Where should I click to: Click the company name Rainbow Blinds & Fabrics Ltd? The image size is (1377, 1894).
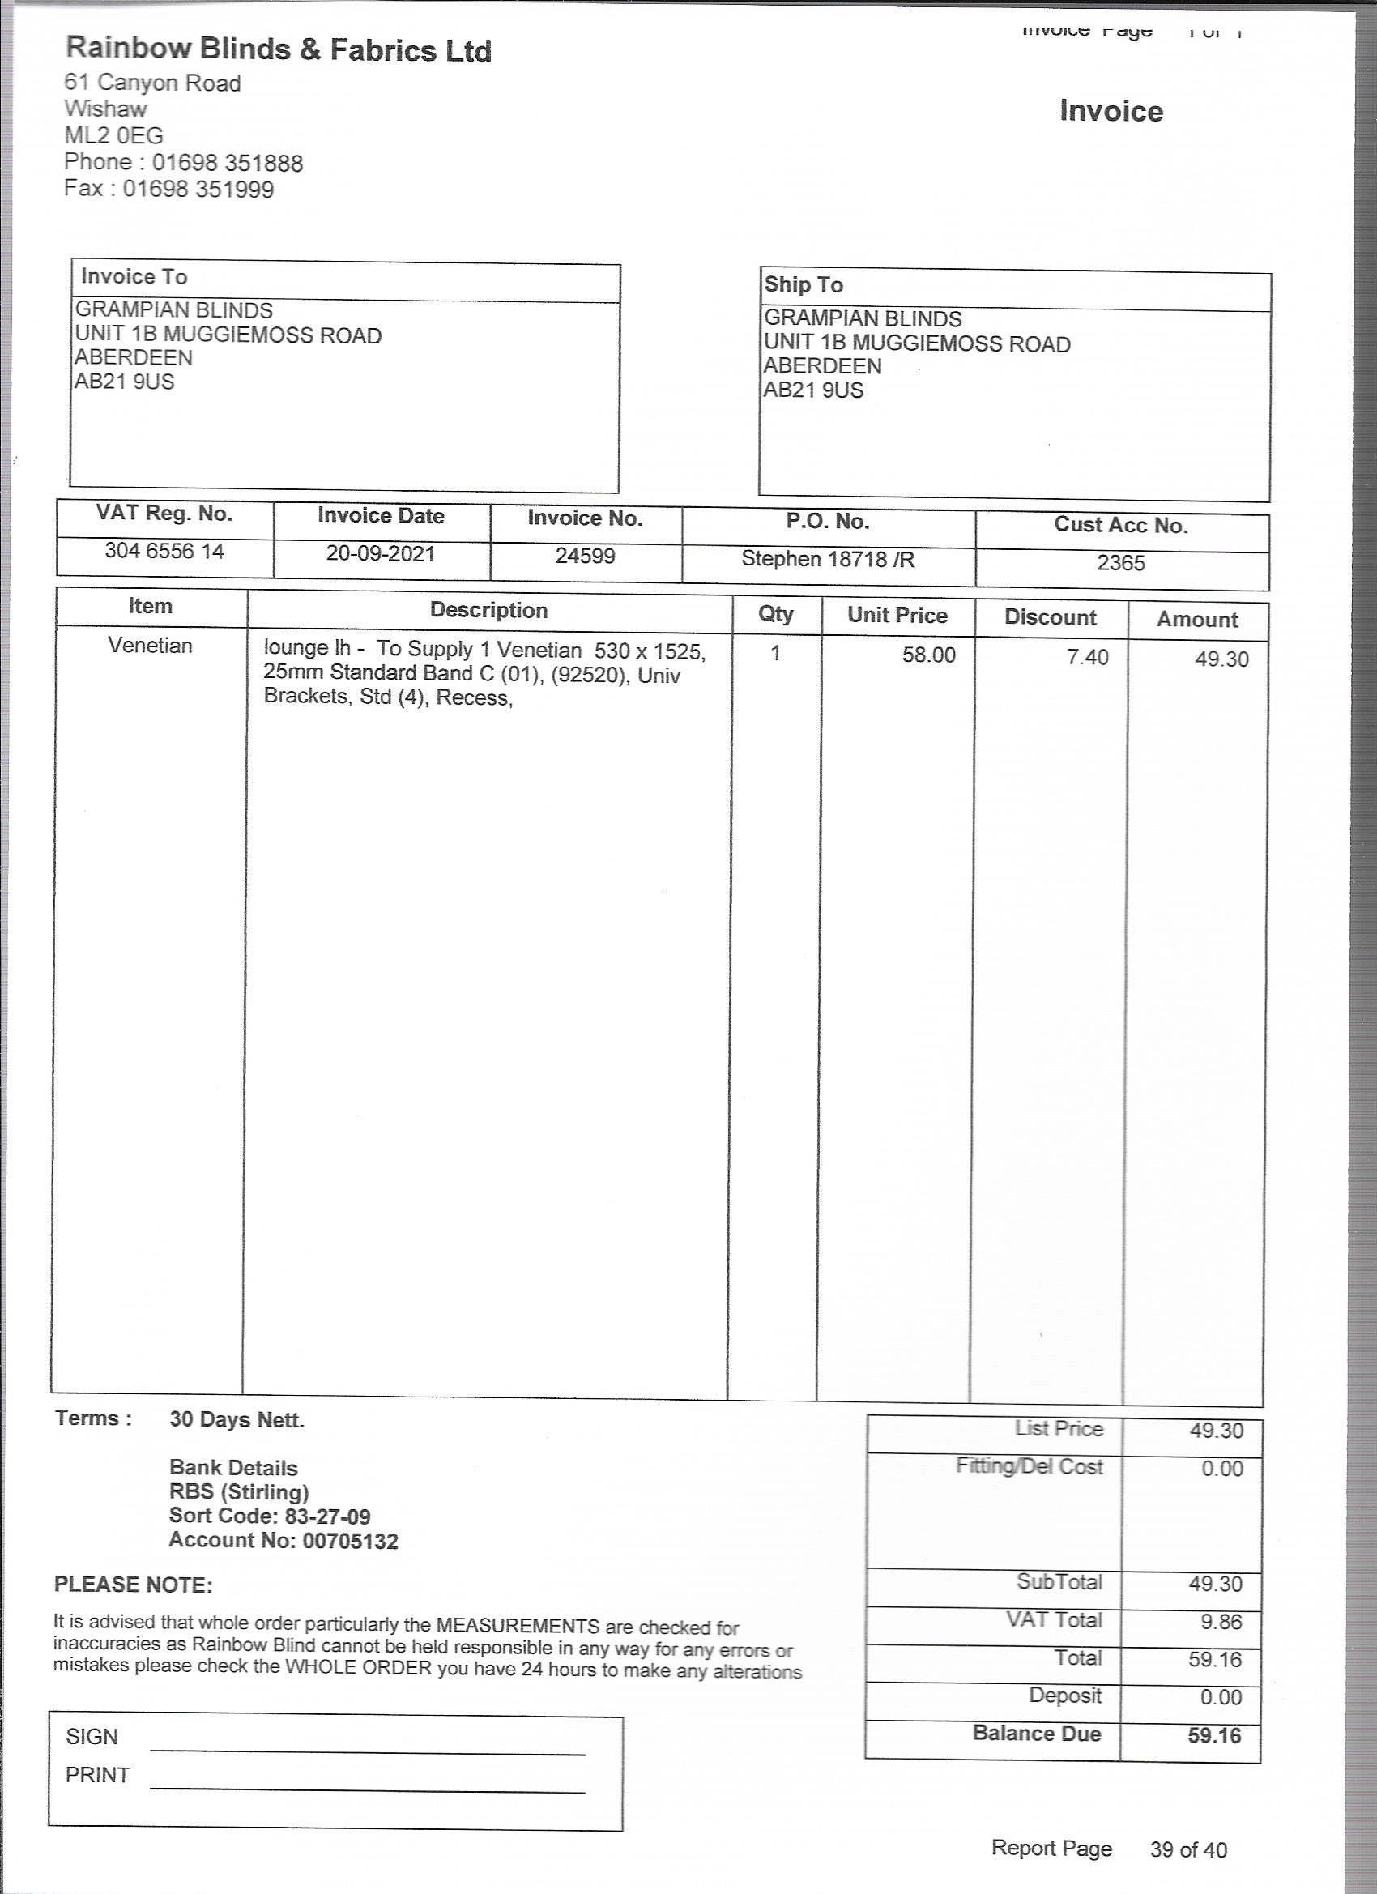coord(278,49)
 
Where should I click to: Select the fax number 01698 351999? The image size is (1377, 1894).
coord(198,190)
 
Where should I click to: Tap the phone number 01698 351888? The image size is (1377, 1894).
coord(227,163)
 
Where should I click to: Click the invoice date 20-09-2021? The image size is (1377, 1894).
coord(381,554)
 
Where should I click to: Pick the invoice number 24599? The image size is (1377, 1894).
coord(585,557)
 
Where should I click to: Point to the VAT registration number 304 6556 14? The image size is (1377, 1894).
coord(164,551)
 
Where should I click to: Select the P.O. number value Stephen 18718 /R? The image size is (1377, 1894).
coord(828,560)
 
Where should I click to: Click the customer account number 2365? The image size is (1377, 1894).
coord(1121,563)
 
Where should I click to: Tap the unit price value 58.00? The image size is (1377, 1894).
coord(928,655)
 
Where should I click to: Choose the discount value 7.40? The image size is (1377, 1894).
coord(1087,658)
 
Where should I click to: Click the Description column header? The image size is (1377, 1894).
coord(488,611)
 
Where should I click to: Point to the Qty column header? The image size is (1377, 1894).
coord(775,614)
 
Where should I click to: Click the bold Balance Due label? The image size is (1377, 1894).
coord(1036,1733)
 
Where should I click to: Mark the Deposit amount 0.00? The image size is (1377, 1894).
coord(1221,1697)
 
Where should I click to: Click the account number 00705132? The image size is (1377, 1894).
coord(350,1541)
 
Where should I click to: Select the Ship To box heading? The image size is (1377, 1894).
coord(804,285)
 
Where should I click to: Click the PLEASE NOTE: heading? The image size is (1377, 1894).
coord(134,1585)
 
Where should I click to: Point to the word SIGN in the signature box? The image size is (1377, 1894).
coord(92,1736)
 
